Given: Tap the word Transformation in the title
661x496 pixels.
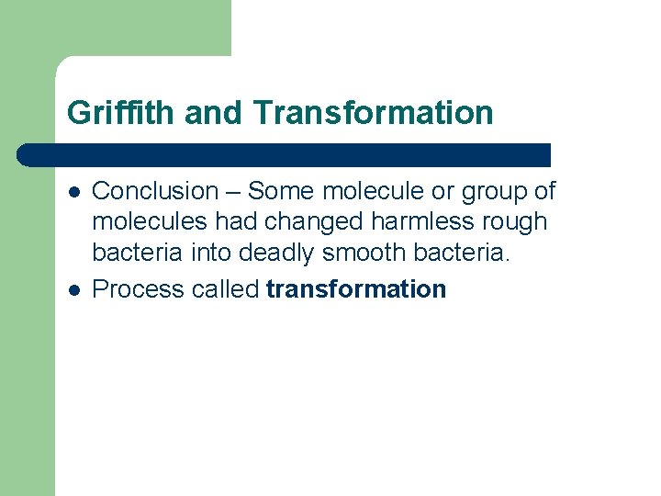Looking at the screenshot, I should pos(374,113).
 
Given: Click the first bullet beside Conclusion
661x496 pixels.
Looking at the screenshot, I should pos(73,191).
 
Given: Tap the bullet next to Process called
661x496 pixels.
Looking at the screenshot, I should pos(73,289).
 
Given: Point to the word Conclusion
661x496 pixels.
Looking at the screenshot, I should pos(154,191).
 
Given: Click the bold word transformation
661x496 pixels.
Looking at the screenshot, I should pos(356,289).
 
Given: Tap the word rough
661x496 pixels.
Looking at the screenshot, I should pos(519,222).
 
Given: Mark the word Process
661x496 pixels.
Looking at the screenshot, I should pos(139,289).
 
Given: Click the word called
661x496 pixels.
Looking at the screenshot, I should pos(226,289).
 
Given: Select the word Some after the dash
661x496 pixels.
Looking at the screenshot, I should pos(281,191).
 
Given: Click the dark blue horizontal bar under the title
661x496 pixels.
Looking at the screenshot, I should pos(285,154).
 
